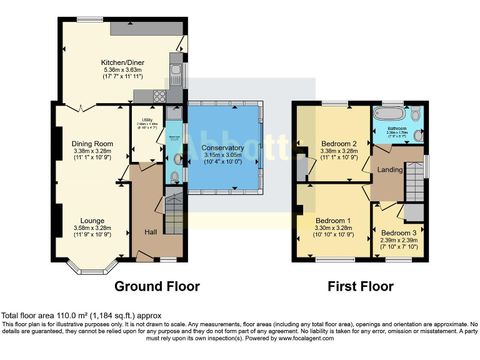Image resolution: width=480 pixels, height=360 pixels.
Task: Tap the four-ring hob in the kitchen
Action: (159, 96)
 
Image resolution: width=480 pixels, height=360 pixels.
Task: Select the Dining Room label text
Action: (92, 144)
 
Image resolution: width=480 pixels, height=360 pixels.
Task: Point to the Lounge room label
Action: (92, 221)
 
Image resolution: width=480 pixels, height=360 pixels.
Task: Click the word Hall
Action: (151, 232)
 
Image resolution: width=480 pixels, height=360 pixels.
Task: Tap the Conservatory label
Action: (222, 147)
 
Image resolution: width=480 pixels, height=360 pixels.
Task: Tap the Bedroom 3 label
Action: (399, 233)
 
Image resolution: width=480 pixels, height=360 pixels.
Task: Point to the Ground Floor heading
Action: (157, 286)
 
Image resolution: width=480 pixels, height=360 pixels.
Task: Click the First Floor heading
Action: (361, 286)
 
